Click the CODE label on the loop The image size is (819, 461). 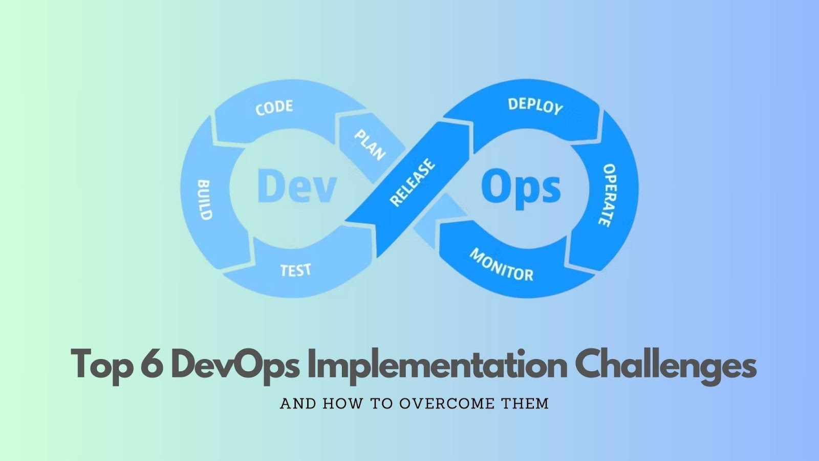click(x=274, y=107)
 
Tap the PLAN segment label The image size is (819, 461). click(x=370, y=145)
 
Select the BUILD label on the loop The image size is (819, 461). click(x=204, y=200)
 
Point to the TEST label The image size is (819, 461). click(x=295, y=269)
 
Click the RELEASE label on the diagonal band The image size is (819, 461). click(x=412, y=182)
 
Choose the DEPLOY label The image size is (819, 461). click(x=535, y=106)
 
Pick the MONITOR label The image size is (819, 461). click(x=502, y=265)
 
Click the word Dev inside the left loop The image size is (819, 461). click(x=296, y=186)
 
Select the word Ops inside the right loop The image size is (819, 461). click(x=521, y=188)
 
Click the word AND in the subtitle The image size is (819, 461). click(x=298, y=404)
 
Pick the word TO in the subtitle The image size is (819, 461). click(x=381, y=404)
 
